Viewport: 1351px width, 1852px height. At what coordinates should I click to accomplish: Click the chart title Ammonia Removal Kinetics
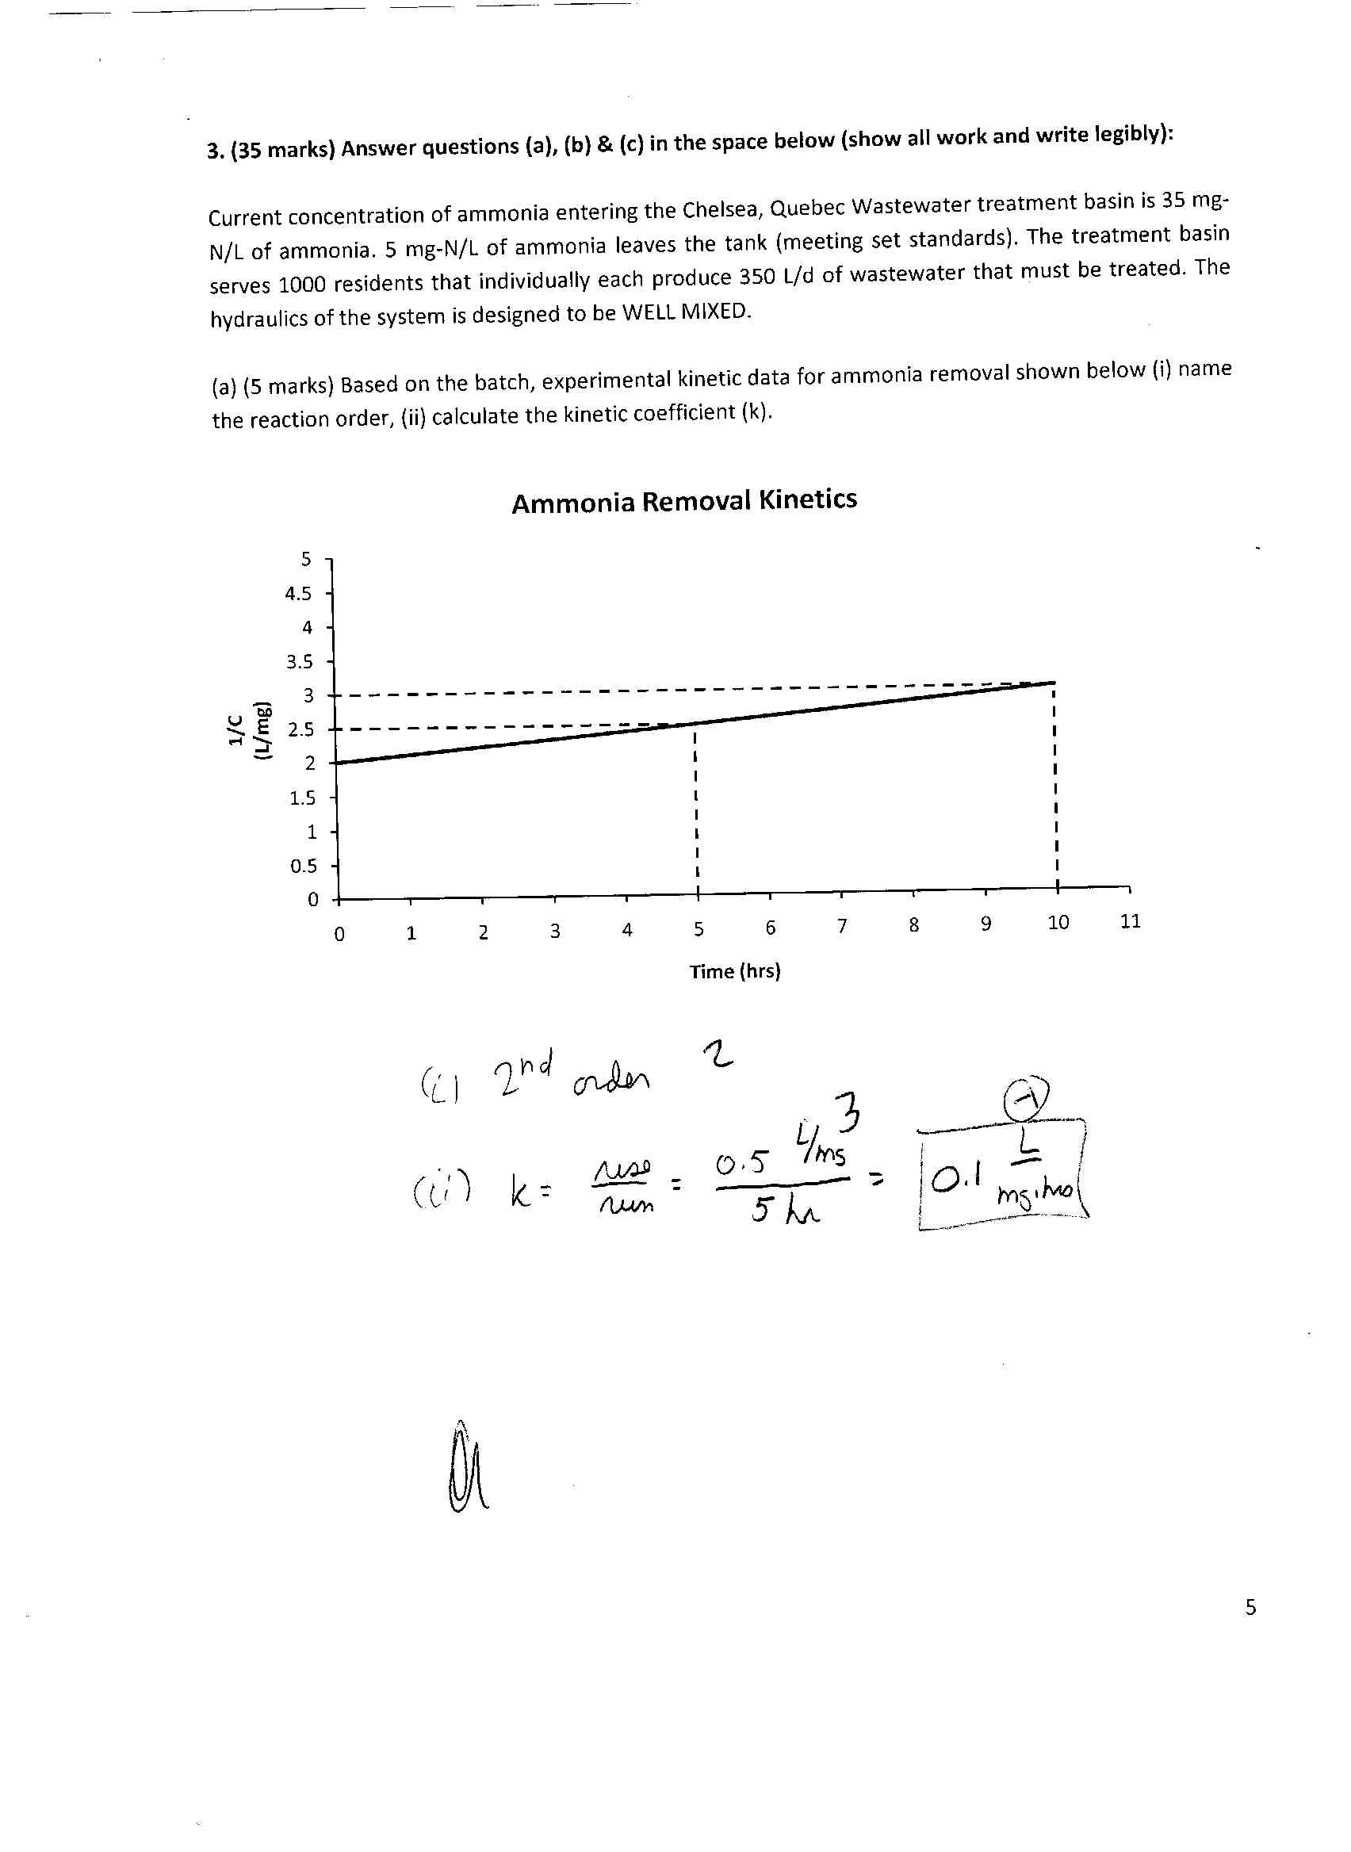pyautogui.click(x=683, y=500)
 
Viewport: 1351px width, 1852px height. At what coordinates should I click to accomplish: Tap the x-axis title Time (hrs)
pyautogui.click(x=734, y=971)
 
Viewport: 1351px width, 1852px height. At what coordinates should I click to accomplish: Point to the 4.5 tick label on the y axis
pyautogui.click(x=298, y=594)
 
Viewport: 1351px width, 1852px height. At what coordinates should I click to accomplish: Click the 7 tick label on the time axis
pyautogui.click(x=841, y=925)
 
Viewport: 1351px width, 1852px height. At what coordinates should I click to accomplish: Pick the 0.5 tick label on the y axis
pyautogui.click(x=303, y=866)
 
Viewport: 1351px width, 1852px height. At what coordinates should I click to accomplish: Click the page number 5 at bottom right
pyautogui.click(x=1250, y=1608)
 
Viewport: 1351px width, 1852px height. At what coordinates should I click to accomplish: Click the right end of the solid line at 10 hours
pyautogui.click(x=1055, y=682)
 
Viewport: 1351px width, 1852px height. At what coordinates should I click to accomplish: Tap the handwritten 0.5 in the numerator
pyautogui.click(x=741, y=1164)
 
